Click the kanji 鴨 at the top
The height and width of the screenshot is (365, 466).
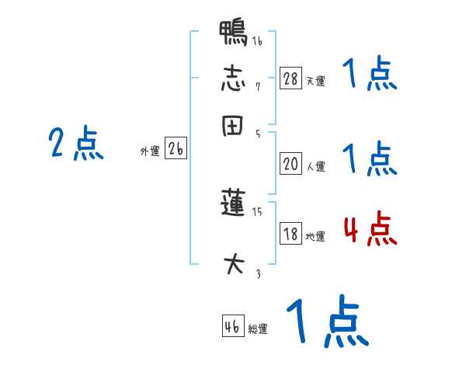click(234, 33)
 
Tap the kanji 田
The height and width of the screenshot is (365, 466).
click(234, 126)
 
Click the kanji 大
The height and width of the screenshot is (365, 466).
click(234, 264)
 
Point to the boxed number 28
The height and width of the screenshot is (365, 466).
click(290, 78)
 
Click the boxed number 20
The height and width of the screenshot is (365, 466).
click(290, 164)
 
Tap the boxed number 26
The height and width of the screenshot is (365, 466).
click(176, 150)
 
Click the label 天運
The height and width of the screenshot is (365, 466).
click(315, 81)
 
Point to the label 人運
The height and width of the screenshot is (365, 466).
click(315, 166)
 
